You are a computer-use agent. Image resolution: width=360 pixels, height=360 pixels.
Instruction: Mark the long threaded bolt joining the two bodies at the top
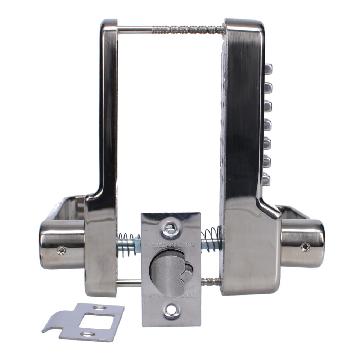point(173,27)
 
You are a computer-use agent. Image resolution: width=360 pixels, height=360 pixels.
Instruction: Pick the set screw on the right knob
point(306,246)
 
